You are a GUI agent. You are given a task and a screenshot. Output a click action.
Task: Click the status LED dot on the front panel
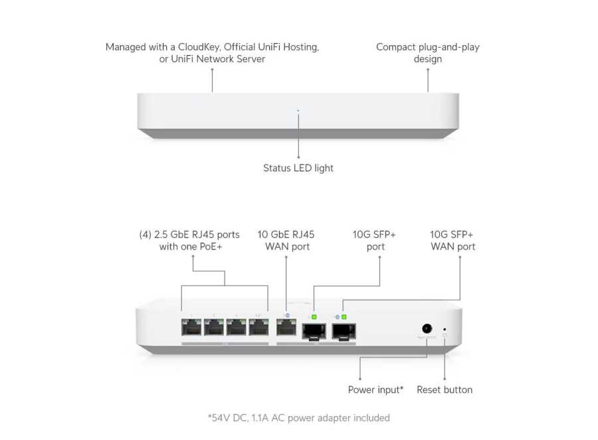(x=298, y=111)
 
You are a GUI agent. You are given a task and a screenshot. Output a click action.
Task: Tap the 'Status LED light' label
(x=298, y=169)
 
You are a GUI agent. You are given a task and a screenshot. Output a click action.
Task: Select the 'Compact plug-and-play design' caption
(x=427, y=53)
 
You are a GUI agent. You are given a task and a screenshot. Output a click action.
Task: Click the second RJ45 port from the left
(x=215, y=327)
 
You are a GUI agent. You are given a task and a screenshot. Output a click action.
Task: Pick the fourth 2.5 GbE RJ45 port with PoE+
(x=258, y=327)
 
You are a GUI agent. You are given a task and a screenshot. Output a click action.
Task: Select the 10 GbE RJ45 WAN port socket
(x=286, y=327)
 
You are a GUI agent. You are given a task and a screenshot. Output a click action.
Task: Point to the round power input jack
(x=426, y=328)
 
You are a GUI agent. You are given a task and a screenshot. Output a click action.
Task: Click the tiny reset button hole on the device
(x=445, y=328)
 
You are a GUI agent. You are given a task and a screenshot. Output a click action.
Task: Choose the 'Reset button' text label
(x=445, y=390)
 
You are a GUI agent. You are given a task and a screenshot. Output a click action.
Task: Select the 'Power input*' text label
(x=375, y=390)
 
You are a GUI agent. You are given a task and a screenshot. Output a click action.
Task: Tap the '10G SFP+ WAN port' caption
(x=452, y=240)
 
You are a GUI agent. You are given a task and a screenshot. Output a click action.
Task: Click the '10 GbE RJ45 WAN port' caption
(x=286, y=240)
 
